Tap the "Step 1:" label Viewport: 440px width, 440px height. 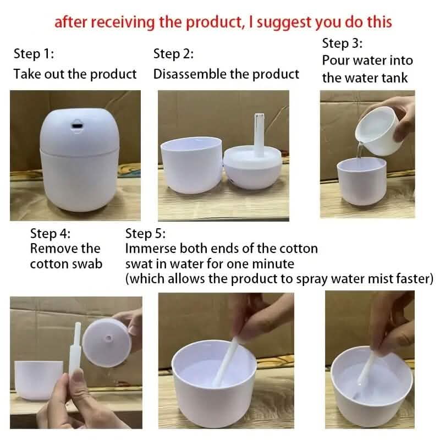click(x=34, y=54)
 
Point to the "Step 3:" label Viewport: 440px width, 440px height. click(x=343, y=43)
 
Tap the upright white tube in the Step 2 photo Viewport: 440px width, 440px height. click(x=257, y=132)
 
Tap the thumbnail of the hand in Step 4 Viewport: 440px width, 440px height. click(x=78, y=380)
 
